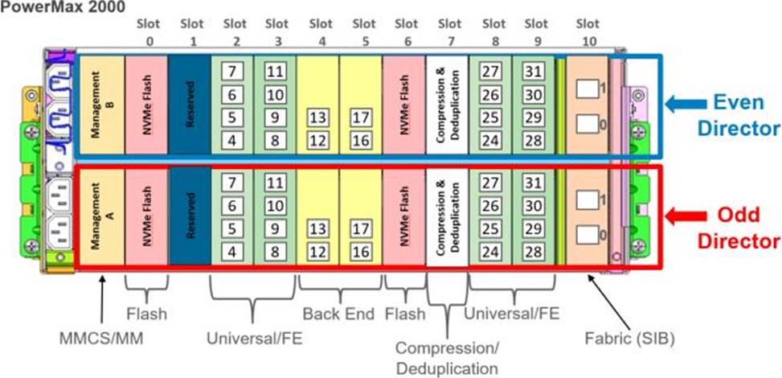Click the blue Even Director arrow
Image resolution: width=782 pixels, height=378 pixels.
(x=686, y=104)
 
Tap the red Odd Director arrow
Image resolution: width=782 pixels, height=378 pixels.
(x=686, y=216)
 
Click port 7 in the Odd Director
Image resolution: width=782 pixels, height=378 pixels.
(x=231, y=183)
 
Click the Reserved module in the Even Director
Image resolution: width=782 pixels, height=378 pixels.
(x=190, y=105)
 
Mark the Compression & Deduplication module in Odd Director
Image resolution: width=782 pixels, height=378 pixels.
(x=447, y=216)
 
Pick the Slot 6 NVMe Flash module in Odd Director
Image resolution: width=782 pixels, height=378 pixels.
(x=404, y=216)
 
